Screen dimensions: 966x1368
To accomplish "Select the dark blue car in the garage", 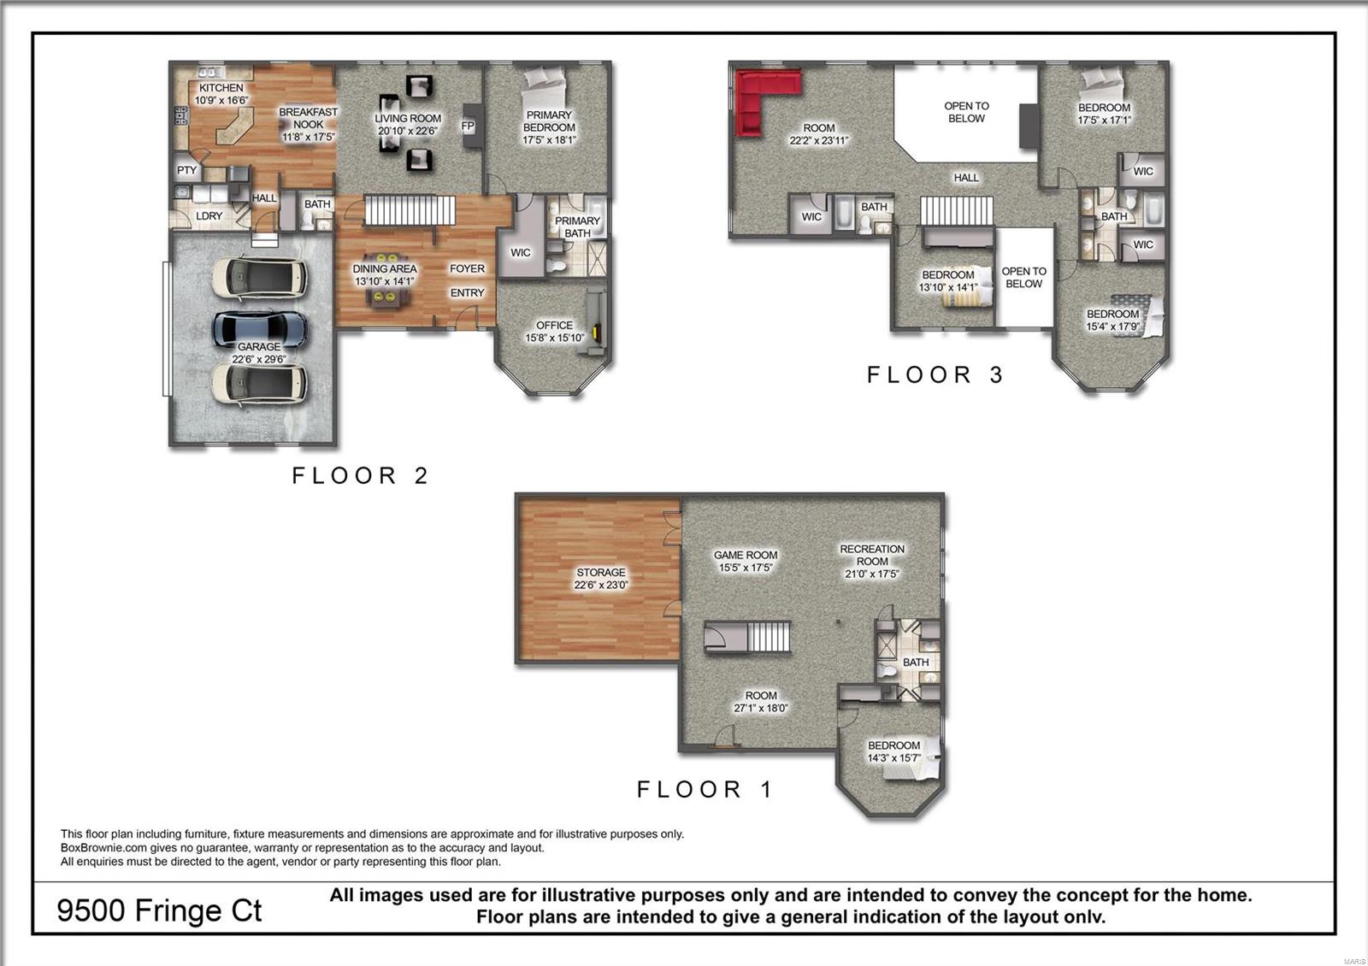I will (x=260, y=327).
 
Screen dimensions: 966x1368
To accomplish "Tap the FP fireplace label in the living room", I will (x=468, y=126).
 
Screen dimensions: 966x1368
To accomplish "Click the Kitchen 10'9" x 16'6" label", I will (x=221, y=94).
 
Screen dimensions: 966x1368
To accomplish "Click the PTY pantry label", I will (x=186, y=170).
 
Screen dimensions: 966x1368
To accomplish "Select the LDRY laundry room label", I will (x=209, y=216).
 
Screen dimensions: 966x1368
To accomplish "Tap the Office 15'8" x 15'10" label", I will (x=554, y=332).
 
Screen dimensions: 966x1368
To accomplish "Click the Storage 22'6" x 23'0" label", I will (x=600, y=579).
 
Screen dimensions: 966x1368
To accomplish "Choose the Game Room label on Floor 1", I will (x=746, y=561).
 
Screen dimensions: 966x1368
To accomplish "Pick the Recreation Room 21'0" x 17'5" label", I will (x=871, y=562).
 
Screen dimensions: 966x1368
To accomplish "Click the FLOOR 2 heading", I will (x=360, y=475).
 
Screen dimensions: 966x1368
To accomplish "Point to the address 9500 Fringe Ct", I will (x=159, y=910).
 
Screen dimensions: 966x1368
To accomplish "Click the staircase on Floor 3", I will (x=957, y=210).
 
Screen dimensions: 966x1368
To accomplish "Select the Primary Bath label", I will (x=577, y=227).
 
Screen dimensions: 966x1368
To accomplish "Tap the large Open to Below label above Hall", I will (x=966, y=112).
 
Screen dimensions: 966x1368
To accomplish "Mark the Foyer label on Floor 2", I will (x=467, y=268).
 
